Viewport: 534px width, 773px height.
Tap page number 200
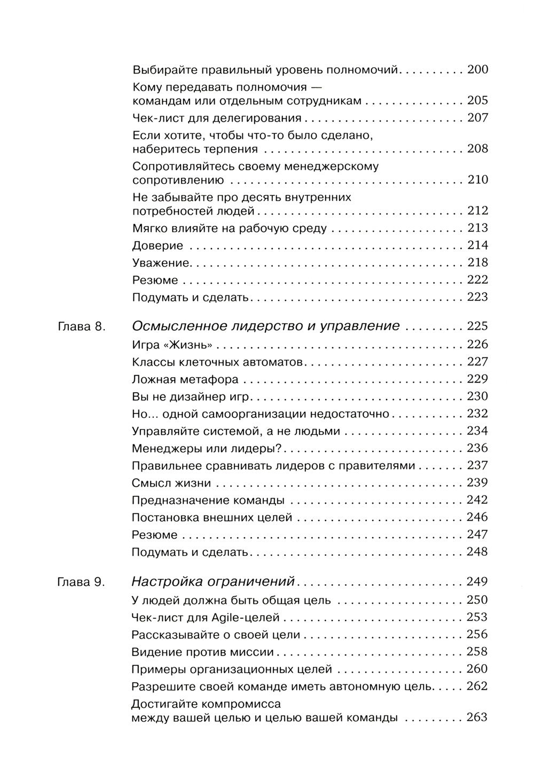pyautogui.click(x=477, y=69)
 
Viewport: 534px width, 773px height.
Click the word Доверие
pyautogui.click(x=158, y=246)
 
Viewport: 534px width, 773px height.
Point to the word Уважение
pyautogui.click(x=161, y=263)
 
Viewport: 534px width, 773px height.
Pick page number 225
pyautogui.click(x=477, y=326)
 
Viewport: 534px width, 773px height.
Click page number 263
pyautogui.click(x=477, y=718)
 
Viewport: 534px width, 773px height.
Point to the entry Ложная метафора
pyautogui.click(x=185, y=379)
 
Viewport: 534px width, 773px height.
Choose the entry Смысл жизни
pyautogui.click(x=171, y=483)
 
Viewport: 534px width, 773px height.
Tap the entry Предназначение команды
pyautogui.click(x=208, y=500)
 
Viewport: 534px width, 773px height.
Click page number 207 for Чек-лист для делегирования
pyautogui.click(x=477, y=118)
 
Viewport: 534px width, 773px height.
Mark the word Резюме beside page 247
pyautogui.click(x=154, y=535)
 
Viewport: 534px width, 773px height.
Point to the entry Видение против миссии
pyautogui.click(x=202, y=652)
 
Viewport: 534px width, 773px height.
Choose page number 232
pyautogui.click(x=477, y=414)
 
